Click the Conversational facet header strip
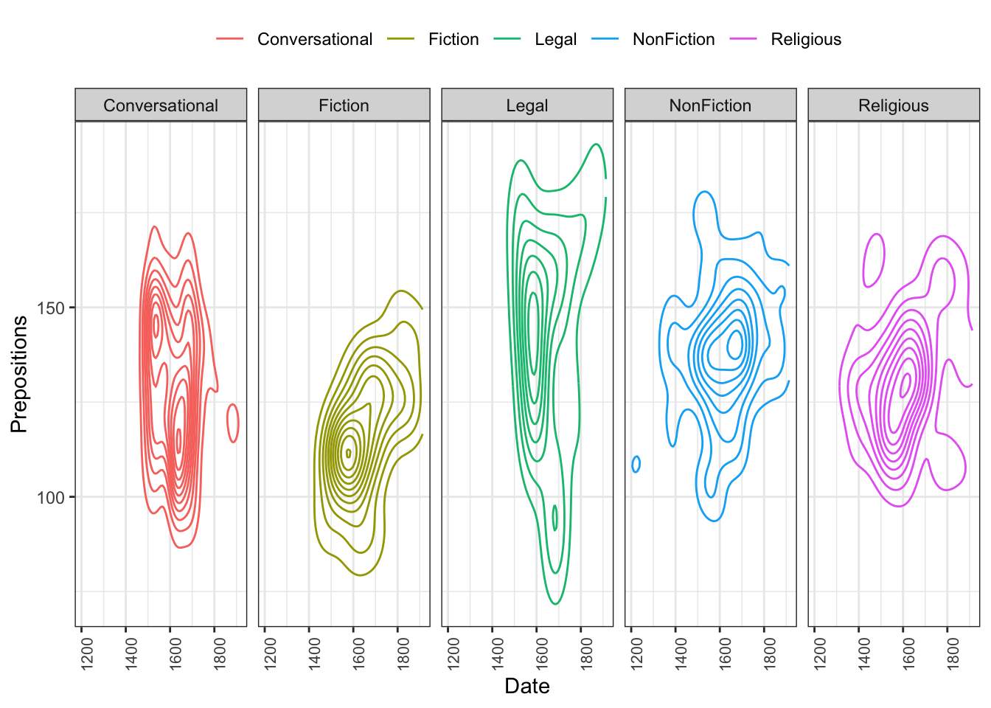coord(161,105)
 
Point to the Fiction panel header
coord(344,105)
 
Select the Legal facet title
coord(527,105)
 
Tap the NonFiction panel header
coord(710,105)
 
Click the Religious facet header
coord(894,105)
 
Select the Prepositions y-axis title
coord(19,374)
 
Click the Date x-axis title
coord(527,687)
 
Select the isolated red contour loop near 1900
coord(232,423)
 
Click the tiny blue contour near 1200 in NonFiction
coord(636,464)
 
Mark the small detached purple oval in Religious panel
coord(874,260)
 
